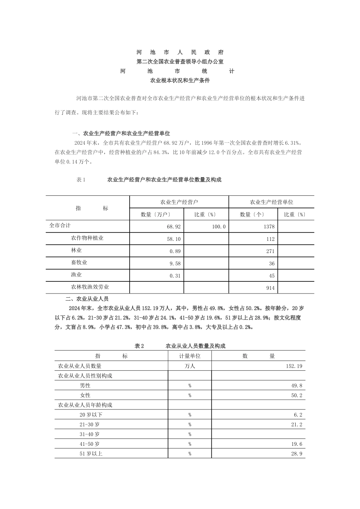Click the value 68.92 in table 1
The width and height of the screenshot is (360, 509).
pos(174,226)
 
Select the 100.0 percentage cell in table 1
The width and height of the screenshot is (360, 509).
pos(219,226)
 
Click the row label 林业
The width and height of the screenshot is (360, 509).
pos(76,250)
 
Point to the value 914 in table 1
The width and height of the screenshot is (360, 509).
pos(270,288)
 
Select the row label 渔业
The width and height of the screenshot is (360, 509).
pos(76,275)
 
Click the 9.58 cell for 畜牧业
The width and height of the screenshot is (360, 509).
pos(175,264)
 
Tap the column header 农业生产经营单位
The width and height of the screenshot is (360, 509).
pos(271,202)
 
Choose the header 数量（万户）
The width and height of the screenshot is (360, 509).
pos(157,214)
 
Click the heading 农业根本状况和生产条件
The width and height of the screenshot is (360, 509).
pos(180,80)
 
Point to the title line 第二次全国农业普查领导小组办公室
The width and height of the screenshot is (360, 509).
pos(180,61)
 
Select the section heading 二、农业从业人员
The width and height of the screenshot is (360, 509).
pos(87,299)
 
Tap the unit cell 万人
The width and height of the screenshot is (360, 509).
pos(189,366)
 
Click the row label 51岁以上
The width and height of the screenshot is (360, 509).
pos(91,453)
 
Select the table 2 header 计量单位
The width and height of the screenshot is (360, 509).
pos(189,356)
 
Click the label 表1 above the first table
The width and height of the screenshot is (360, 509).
pos(81,180)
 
